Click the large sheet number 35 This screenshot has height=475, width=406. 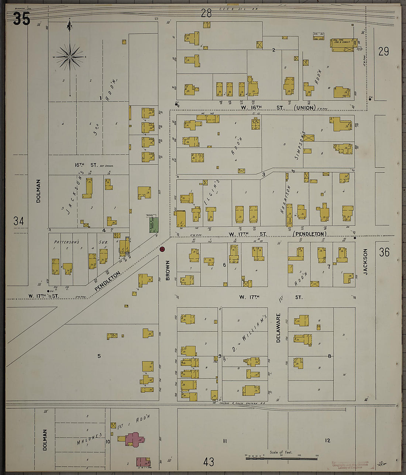[x=21, y=19]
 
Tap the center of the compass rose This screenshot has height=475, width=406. [x=70, y=57]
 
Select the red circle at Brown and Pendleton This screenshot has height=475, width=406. [x=162, y=249]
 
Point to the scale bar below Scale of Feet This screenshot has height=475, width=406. [x=281, y=458]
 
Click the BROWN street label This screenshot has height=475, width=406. [x=168, y=270]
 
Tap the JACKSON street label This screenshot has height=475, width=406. [x=365, y=262]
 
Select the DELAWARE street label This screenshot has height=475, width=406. [x=278, y=328]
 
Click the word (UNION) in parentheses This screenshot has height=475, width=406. [x=305, y=108]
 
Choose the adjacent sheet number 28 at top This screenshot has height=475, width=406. [x=206, y=14]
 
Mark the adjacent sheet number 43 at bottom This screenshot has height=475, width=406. [x=209, y=461]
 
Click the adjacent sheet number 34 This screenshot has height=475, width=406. [x=18, y=221]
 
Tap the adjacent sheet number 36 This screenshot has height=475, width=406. [x=384, y=252]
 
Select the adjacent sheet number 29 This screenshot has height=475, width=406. [x=383, y=51]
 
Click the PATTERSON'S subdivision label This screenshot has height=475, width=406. [x=67, y=242]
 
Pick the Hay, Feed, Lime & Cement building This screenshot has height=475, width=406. [x=342, y=45]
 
